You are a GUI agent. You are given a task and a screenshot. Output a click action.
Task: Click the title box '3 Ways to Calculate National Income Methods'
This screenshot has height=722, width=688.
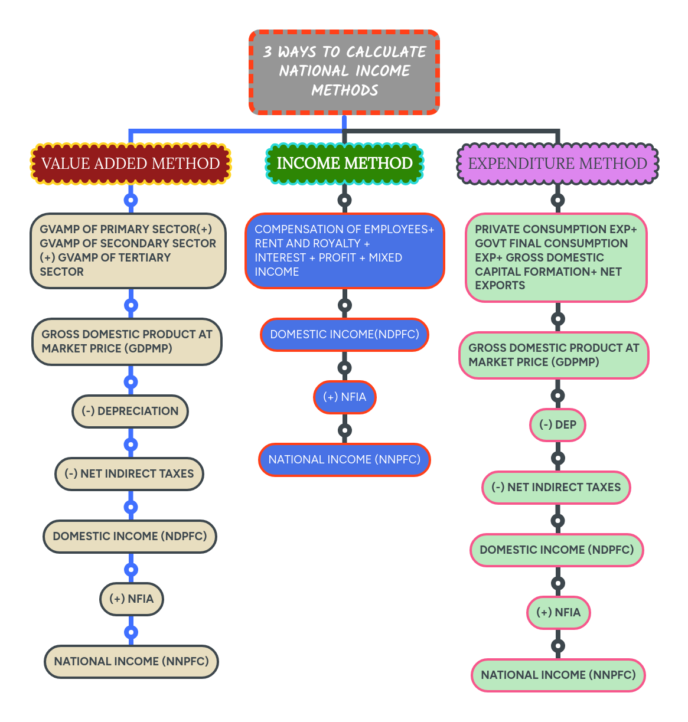pyautogui.click(x=344, y=71)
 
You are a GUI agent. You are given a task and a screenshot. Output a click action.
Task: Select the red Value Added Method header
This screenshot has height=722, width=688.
pyautogui.click(x=131, y=164)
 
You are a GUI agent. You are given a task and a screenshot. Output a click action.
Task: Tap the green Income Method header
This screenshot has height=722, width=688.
pyautogui.click(x=344, y=164)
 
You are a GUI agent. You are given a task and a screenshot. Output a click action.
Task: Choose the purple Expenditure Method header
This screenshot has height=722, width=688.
pyautogui.click(x=557, y=164)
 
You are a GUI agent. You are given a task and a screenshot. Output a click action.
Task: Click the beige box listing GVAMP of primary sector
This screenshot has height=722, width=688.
pyautogui.click(x=128, y=251)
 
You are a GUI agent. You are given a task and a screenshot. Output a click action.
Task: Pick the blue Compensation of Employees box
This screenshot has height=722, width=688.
pyautogui.click(x=344, y=251)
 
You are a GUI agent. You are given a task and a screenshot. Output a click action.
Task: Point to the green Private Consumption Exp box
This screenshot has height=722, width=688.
pyautogui.click(x=556, y=257)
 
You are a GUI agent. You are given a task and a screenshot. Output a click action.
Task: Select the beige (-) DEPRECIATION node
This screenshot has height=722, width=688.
pyautogui.click(x=130, y=411)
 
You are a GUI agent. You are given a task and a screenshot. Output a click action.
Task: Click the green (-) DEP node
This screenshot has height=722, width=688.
pyautogui.click(x=557, y=425)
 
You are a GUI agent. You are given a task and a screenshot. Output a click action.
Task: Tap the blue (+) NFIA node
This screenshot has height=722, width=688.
pyautogui.click(x=344, y=397)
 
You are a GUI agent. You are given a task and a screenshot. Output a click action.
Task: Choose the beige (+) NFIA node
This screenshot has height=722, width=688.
pyautogui.click(x=131, y=599)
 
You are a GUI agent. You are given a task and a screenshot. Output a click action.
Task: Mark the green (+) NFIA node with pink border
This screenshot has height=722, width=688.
pyautogui.click(x=558, y=613)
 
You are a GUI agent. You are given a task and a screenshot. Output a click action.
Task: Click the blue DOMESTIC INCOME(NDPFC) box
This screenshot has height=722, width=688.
pyautogui.click(x=344, y=335)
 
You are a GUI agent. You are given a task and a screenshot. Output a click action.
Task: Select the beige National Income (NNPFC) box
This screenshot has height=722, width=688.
pyautogui.click(x=131, y=662)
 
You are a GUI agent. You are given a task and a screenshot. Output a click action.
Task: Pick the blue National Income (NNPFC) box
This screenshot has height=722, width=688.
pyautogui.click(x=344, y=460)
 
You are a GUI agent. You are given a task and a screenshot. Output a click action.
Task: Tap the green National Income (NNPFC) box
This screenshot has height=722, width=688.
pyautogui.click(x=558, y=675)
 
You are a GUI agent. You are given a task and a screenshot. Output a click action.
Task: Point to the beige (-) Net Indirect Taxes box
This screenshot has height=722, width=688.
pyautogui.click(x=129, y=474)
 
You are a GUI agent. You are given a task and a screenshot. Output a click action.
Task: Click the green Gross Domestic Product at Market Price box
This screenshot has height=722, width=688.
pyautogui.click(x=554, y=355)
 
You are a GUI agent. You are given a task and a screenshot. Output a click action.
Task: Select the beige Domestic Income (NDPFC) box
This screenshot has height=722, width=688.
pyautogui.click(x=130, y=537)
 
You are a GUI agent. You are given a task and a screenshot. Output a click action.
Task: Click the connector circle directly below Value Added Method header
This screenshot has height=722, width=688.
pyautogui.click(x=131, y=200)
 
